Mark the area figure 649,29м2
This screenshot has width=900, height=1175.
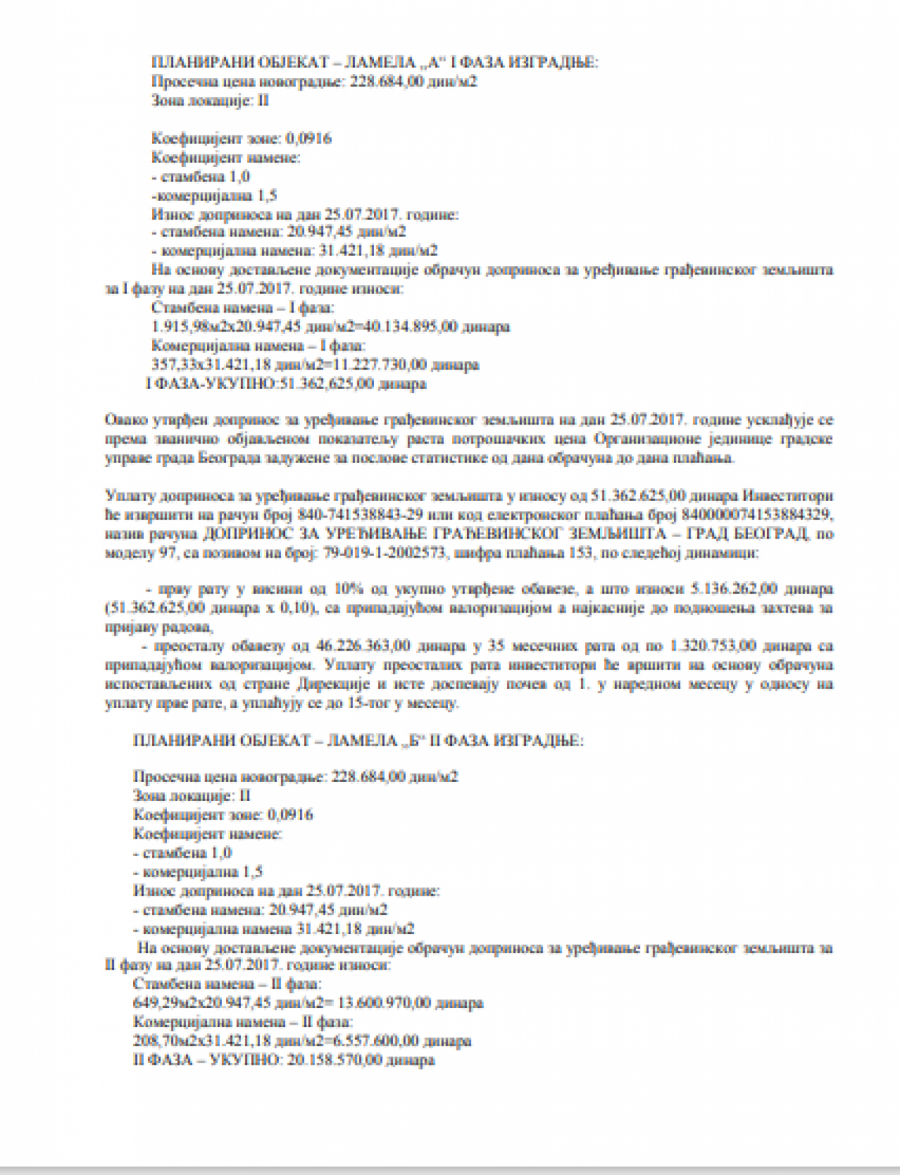tap(164, 1003)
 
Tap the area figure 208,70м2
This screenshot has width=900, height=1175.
tap(164, 1040)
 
